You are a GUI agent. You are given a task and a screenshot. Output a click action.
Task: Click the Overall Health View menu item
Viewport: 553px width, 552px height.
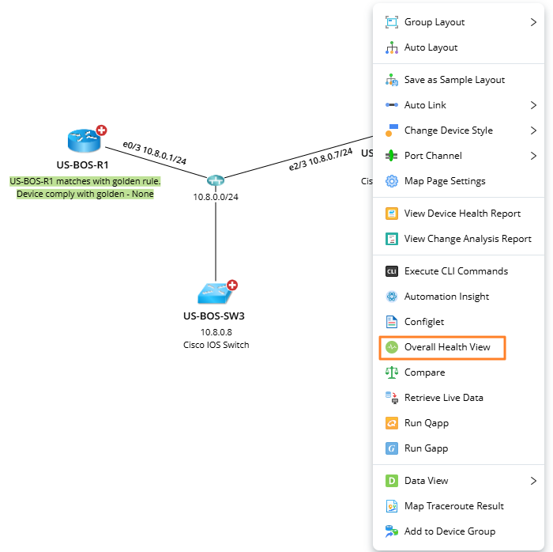(x=446, y=347)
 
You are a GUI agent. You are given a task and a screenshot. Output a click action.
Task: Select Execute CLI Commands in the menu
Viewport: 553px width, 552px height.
(x=456, y=271)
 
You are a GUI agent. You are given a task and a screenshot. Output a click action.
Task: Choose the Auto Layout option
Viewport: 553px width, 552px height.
(x=431, y=47)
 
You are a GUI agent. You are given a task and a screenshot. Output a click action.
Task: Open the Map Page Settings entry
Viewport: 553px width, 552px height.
(x=444, y=181)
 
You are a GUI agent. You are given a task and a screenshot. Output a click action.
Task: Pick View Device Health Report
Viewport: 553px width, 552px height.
(x=462, y=214)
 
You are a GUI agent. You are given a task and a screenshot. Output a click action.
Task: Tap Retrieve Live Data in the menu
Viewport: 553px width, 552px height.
(x=443, y=398)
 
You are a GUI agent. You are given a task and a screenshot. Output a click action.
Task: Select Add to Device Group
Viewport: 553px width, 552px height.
(x=450, y=531)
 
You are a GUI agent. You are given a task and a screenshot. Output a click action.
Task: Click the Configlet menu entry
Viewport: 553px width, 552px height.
(x=423, y=322)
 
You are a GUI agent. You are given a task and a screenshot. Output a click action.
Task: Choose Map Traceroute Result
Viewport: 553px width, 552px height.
(x=453, y=506)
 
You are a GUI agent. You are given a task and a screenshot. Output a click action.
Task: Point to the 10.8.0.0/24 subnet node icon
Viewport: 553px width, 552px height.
(x=216, y=181)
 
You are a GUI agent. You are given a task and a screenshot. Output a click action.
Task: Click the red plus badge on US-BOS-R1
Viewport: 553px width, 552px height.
(x=102, y=130)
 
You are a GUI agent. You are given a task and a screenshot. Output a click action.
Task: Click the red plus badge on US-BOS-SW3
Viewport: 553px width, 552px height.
(x=232, y=285)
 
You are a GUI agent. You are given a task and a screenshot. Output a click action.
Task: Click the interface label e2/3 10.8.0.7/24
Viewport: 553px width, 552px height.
(x=321, y=159)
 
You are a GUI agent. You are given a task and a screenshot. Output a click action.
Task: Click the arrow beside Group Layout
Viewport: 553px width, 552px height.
(x=533, y=22)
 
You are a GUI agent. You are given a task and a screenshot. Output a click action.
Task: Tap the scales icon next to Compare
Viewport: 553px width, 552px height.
(x=391, y=372)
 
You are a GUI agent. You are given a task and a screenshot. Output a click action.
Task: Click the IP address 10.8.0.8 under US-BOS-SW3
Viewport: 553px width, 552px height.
(x=216, y=332)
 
